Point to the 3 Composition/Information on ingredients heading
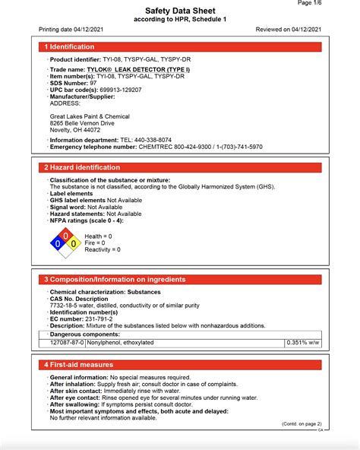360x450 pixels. click(114, 280)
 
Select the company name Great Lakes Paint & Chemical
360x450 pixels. click(90, 116)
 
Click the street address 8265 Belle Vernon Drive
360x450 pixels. click(82, 122)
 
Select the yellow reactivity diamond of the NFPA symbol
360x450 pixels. click(73, 243)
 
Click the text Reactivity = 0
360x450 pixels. click(103, 250)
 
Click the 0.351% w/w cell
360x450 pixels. click(304, 343)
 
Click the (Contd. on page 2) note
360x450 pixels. click(302, 423)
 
